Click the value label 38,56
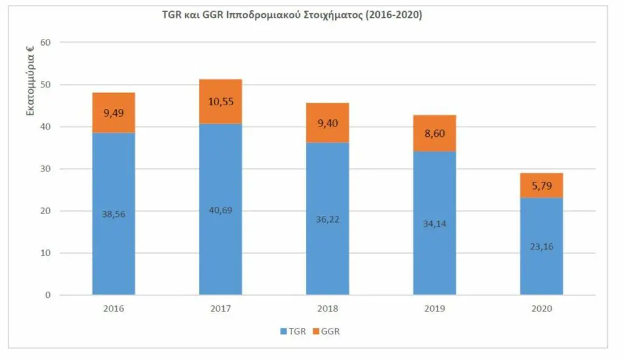coord(114,214)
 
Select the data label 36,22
coord(328,219)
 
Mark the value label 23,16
coord(541,247)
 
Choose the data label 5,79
coord(541,185)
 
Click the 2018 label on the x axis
coord(328,309)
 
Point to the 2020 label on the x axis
coord(541,309)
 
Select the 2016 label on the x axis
coord(114,309)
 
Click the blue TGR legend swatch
coord(283,332)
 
